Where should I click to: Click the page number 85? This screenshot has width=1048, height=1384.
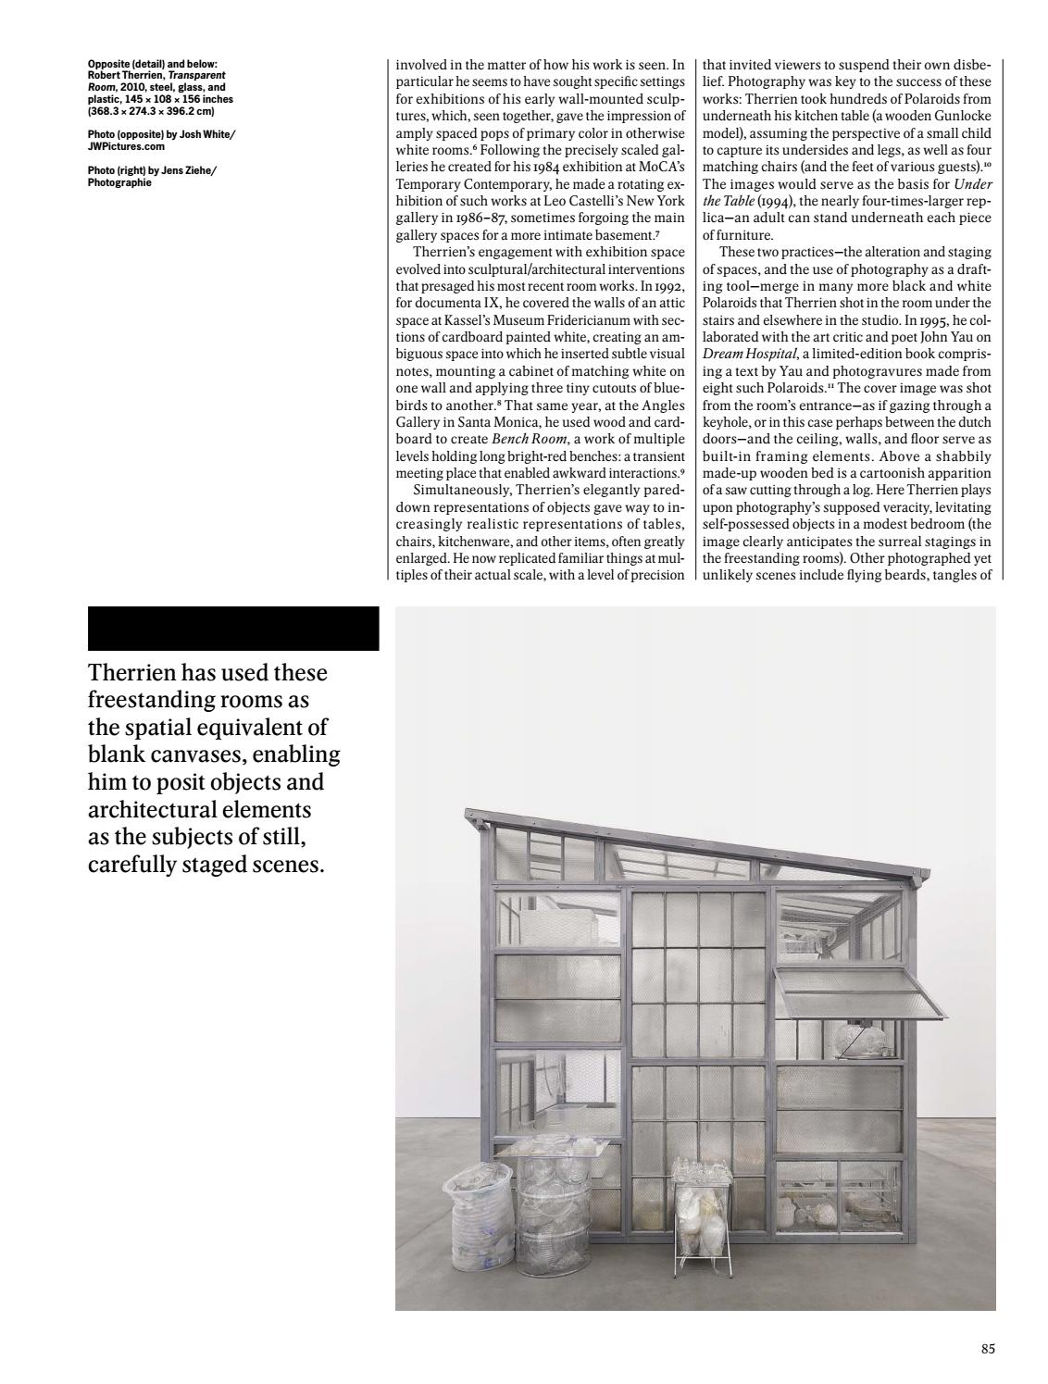[x=988, y=1349]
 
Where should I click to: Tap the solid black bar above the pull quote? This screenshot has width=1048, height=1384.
[x=233, y=629]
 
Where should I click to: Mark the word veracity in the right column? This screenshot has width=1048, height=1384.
[x=926, y=506]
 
